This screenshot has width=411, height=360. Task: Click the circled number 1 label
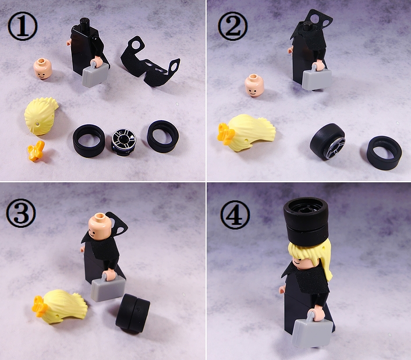23,26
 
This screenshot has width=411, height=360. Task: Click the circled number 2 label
232,26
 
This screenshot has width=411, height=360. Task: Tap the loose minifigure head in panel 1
43,69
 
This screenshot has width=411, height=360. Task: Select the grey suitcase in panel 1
95,73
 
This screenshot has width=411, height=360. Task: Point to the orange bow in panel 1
36,151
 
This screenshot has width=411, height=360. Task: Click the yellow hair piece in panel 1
41,116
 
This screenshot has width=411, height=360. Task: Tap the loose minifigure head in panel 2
254,86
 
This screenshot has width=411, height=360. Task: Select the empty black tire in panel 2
384,153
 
